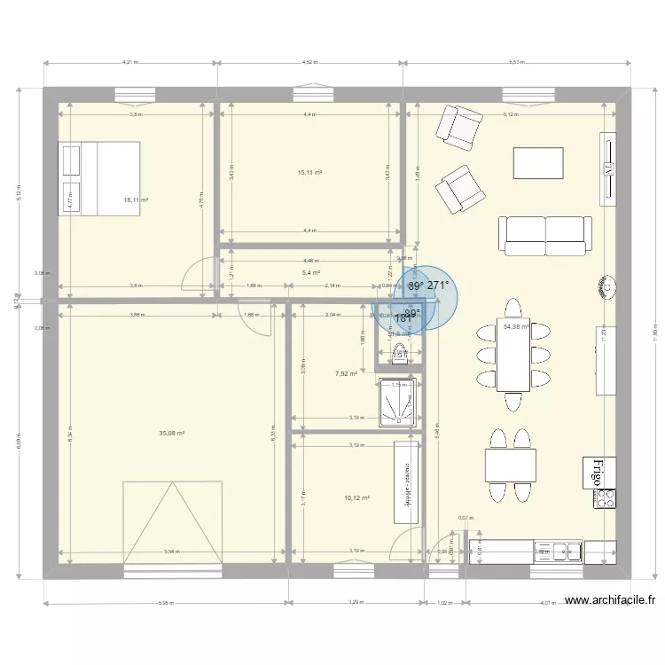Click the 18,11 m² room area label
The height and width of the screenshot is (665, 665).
(x=136, y=200)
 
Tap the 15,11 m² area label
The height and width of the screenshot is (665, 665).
(x=309, y=173)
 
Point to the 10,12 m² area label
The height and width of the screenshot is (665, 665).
(x=356, y=498)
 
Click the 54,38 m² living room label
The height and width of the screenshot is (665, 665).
(x=516, y=327)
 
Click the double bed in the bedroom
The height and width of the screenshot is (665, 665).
(x=98, y=178)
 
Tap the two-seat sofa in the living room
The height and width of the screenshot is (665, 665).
(x=544, y=235)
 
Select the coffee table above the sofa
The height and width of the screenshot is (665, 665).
(x=538, y=163)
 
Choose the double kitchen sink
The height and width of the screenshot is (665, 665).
(x=558, y=552)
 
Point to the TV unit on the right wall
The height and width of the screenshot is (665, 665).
(x=608, y=168)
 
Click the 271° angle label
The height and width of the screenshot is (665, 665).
(x=439, y=286)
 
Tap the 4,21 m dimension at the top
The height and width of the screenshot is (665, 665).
(x=131, y=64)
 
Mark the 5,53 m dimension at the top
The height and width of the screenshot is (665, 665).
(x=517, y=64)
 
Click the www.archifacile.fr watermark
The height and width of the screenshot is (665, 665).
(x=609, y=600)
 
